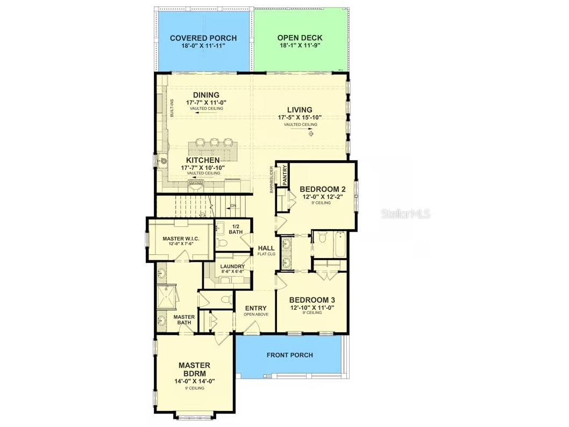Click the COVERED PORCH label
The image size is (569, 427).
[x=203, y=38]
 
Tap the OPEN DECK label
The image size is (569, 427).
[x=300, y=38]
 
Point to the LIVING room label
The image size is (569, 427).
[x=300, y=110]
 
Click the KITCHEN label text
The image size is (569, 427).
[x=203, y=160]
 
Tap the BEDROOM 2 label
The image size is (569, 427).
[x=322, y=189]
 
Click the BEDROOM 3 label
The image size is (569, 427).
[x=312, y=300]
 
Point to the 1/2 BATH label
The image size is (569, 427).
[x=236, y=229]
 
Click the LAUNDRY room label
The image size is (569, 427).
[x=232, y=266]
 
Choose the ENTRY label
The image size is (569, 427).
[x=255, y=308]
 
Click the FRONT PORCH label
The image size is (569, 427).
[x=290, y=355]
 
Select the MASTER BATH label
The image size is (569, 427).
[x=183, y=319]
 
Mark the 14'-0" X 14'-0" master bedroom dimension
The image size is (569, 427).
[x=194, y=381]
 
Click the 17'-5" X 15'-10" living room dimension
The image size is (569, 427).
[x=300, y=117]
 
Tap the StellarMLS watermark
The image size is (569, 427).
[x=406, y=214]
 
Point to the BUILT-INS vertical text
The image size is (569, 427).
[x=172, y=109]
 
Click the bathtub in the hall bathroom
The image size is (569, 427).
[x=339, y=245]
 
